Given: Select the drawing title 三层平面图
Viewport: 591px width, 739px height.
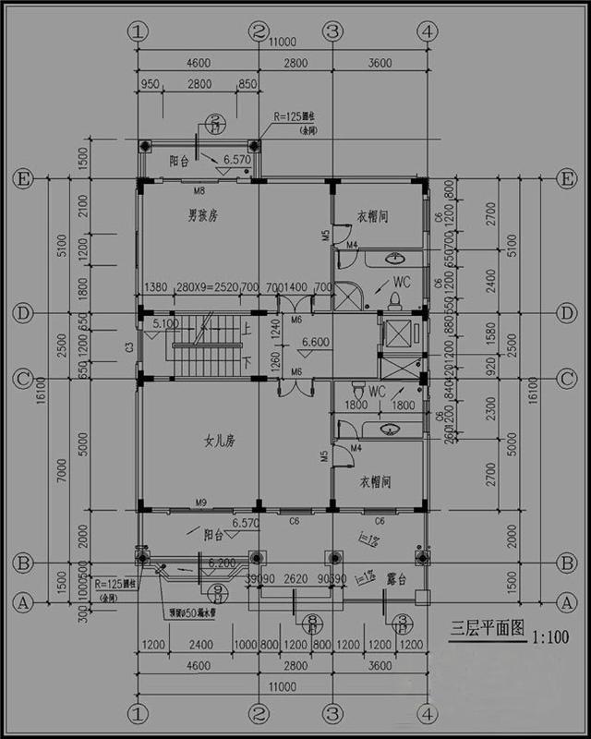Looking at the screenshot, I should coord(483,633).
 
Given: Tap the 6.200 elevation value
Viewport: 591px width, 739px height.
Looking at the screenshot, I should coord(222,562).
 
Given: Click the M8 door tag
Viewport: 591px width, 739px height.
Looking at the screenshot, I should coord(199,191).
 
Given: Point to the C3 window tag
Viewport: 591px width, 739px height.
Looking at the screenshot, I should coord(129,346).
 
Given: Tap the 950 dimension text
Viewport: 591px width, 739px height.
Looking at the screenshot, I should coord(151,84).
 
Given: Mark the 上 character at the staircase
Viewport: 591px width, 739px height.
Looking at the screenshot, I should coord(245,327).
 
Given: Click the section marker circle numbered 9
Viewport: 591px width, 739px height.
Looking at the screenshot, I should coord(218,592).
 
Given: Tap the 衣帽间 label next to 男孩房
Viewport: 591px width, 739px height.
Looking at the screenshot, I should coord(371,216).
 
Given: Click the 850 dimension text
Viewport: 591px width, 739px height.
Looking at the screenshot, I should coord(247,84).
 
